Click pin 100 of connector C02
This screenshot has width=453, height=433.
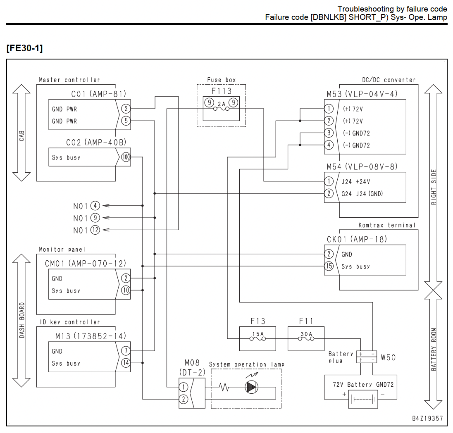126,157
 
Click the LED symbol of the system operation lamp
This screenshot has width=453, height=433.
251,387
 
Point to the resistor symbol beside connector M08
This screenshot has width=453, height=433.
224,387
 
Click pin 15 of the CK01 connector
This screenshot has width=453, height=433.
329,266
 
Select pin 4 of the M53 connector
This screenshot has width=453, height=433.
329,145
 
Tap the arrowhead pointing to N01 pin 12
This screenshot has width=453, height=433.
106,230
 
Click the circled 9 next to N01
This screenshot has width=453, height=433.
95,218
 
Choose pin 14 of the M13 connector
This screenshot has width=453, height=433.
126,363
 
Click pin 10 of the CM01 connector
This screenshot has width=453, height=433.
126,290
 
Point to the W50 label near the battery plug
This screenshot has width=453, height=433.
388,358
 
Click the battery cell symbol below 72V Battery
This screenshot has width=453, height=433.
363,399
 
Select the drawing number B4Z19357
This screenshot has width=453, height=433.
427,419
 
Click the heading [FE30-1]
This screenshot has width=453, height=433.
24,48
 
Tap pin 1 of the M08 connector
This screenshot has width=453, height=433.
184,387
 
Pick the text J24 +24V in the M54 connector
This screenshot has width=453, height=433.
355,182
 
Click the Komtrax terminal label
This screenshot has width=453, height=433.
387,225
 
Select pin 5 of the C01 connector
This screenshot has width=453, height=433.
126,121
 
